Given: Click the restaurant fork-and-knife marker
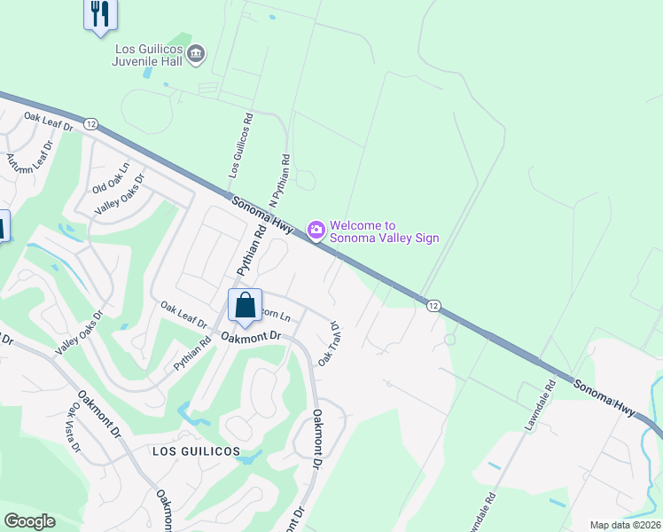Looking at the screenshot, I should pos(100,14).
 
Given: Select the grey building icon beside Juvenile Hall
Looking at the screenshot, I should pos(198,55).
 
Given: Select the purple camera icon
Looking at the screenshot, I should pos(316,231).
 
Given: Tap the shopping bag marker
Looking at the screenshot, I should pos(246,306).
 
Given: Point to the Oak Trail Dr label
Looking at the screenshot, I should pos(330,344).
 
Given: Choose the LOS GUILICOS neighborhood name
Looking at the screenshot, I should pos(196,451).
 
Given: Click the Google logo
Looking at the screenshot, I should pos(29,521).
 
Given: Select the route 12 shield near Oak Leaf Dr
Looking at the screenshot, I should pos(90,124).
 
